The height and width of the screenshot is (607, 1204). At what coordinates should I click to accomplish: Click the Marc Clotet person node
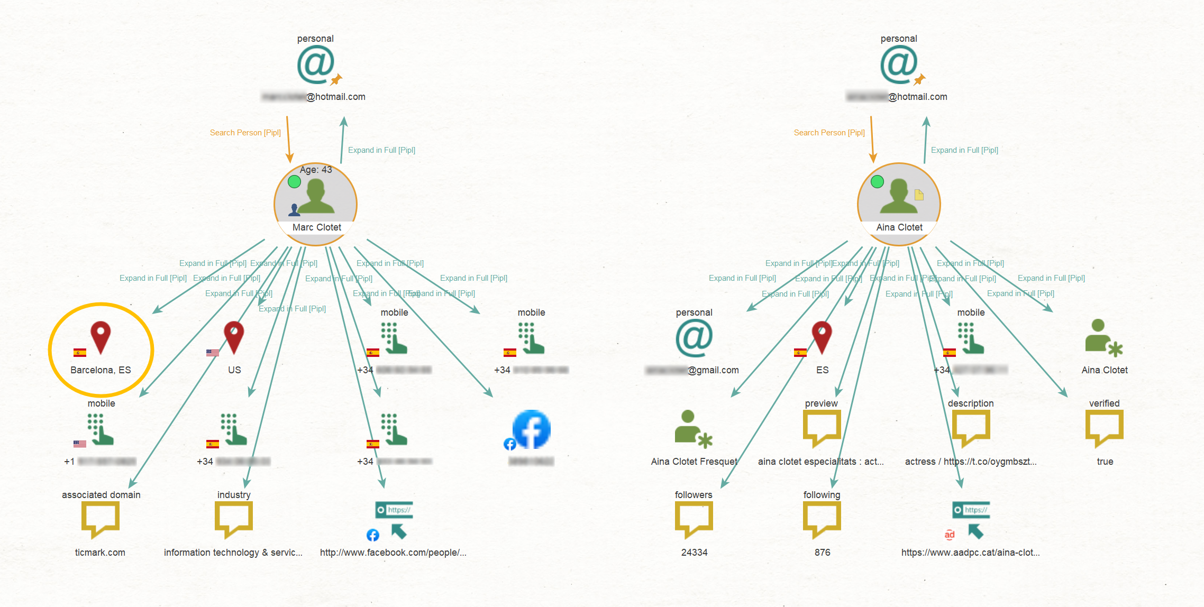pyautogui.click(x=316, y=204)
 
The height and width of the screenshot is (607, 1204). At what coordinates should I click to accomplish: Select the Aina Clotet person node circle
pyautogui.click(x=899, y=204)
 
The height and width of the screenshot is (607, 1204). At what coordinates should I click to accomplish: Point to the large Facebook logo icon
pyautogui.click(x=532, y=429)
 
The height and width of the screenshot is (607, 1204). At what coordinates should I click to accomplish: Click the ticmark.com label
pyautogui.click(x=100, y=553)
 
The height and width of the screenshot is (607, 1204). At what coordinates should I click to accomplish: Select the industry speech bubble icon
pyautogui.click(x=233, y=519)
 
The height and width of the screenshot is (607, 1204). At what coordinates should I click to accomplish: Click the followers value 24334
pyautogui.click(x=694, y=553)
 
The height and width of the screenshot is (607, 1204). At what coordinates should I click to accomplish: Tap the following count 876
pyautogui.click(x=822, y=553)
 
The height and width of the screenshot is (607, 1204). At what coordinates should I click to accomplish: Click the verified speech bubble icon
pyautogui.click(x=1104, y=428)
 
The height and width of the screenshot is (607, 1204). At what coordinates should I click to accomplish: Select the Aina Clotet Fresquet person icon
pyautogui.click(x=693, y=428)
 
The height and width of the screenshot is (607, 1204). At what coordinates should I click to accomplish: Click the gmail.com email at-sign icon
pyautogui.click(x=694, y=338)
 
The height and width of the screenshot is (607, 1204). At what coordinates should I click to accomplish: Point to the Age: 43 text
pyautogui.click(x=316, y=170)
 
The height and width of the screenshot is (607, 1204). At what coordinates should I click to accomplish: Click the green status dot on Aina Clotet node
pyautogui.click(x=877, y=182)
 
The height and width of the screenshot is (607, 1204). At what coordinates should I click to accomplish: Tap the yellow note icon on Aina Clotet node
pyautogui.click(x=919, y=195)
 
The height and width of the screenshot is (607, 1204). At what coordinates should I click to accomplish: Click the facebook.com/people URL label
pyautogui.click(x=393, y=553)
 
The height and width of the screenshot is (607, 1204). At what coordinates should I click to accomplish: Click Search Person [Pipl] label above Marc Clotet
pyautogui.click(x=245, y=133)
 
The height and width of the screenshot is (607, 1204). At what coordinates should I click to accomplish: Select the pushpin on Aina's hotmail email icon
pyautogui.click(x=919, y=80)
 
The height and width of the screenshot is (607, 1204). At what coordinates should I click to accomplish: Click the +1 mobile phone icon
pyautogui.click(x=101, y=429)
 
